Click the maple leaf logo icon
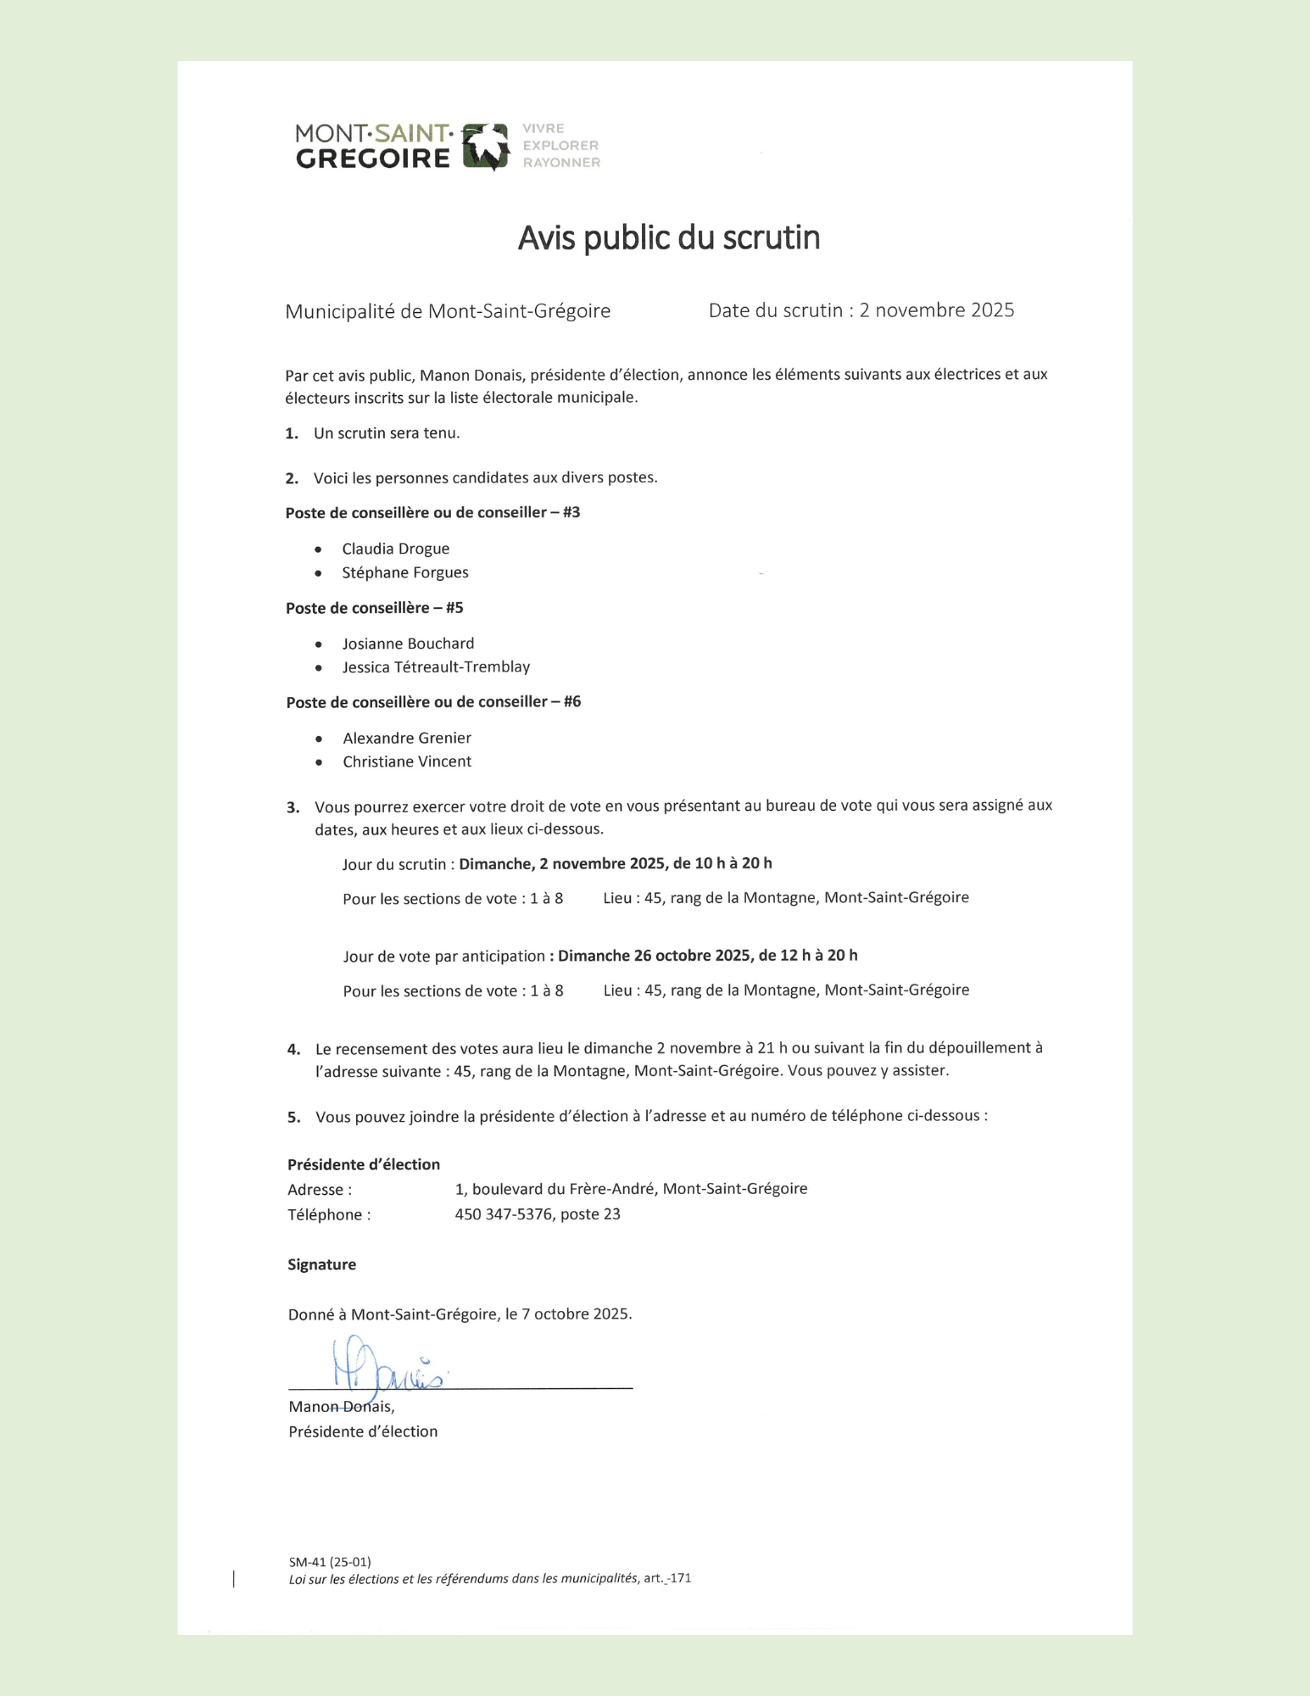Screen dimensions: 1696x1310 486,146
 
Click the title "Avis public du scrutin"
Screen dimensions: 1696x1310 669,238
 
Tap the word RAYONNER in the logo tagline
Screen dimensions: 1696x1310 561,163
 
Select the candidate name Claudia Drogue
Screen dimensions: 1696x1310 395,549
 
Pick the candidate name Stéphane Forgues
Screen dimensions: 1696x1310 404,572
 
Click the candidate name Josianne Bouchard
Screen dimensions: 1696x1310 408,644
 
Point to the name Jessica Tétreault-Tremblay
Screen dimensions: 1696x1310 436,667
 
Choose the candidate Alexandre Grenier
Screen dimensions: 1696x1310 407,738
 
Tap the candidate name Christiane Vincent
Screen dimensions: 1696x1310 407,762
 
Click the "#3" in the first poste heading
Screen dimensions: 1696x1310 571,512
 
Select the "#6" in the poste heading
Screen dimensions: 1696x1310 572,701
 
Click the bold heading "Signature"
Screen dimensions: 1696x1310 321,1264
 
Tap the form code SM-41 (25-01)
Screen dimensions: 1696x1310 329,1562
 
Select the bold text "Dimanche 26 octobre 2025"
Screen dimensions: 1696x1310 654,956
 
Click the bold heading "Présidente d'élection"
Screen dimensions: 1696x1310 363,1164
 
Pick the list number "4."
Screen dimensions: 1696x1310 293,1049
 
